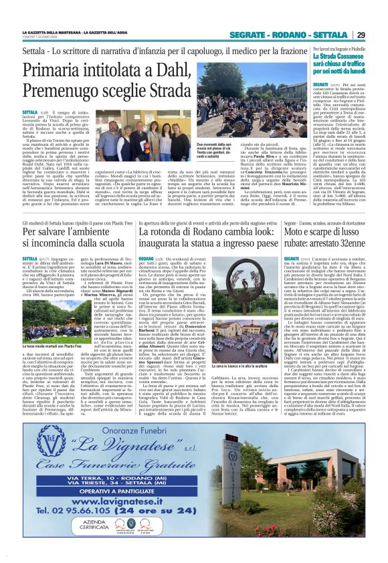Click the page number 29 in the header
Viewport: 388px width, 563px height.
pos(360,35)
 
